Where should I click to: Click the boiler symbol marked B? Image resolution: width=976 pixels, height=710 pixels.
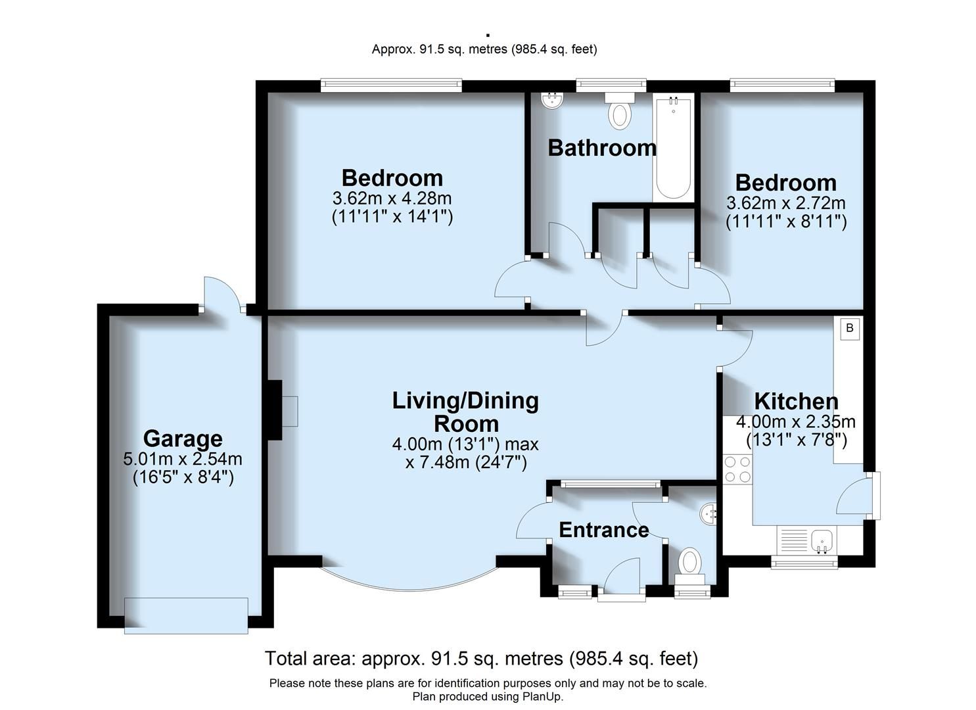tap(849, 328)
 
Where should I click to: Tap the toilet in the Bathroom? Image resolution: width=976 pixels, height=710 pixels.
tap(618, 112)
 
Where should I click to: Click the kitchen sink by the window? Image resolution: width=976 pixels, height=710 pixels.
tap(822, 540)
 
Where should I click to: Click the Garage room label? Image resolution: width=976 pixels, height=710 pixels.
tap(183, 438)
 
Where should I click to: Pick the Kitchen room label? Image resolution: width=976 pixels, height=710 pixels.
tap(796, 401)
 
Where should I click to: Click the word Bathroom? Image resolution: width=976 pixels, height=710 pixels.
tap(602, 148)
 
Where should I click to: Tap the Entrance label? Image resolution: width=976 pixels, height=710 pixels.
tap(603, 530)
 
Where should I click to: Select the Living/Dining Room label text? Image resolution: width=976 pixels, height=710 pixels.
tap(465, 412)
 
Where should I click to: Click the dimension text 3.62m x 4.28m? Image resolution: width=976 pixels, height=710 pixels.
tap(392, 198)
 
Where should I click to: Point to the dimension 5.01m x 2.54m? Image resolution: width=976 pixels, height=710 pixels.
tap(183, 459)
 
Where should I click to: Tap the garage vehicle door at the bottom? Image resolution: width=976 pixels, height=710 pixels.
tap(186, 615)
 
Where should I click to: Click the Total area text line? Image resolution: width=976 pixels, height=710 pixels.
tap(481, 658)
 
